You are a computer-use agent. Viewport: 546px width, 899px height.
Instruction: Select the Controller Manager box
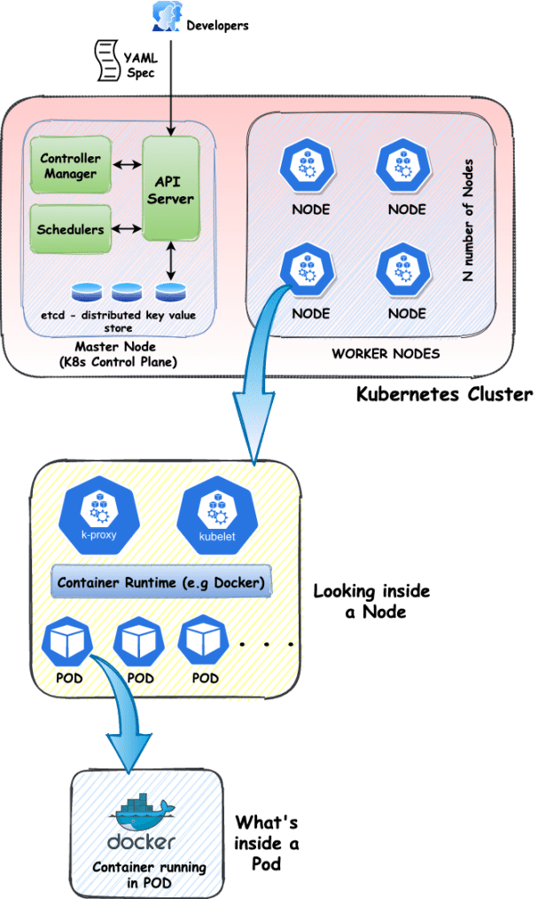[x=71, y=167]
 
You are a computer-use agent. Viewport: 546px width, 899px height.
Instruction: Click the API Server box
[x=169, y=188]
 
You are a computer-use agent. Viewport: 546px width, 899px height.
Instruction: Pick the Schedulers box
[x=71, y=229]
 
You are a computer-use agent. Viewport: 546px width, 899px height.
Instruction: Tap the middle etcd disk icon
[x=126, y=291]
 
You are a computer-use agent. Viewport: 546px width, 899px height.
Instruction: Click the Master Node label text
[x=113, y=354]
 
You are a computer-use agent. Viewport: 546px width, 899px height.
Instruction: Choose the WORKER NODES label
[x=386, y=353]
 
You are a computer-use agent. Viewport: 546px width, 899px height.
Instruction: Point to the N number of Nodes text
[x=468, y=220]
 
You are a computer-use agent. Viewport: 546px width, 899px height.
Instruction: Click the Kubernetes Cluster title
[x=443, y=394]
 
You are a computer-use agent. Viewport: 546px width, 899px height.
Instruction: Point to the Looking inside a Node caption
[x=360, y=602]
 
